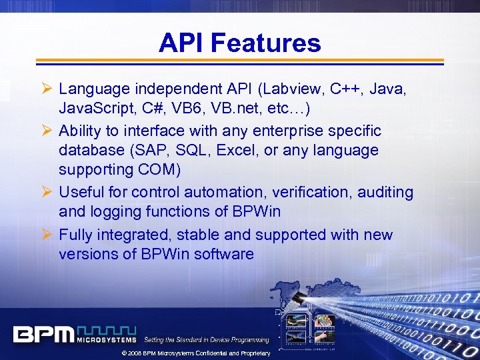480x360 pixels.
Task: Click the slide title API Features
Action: point(239,43)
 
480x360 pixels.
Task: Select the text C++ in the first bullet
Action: point(361,88)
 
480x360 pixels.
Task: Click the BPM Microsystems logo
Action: point(75,334)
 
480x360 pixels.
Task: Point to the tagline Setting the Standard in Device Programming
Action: point(207,340)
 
